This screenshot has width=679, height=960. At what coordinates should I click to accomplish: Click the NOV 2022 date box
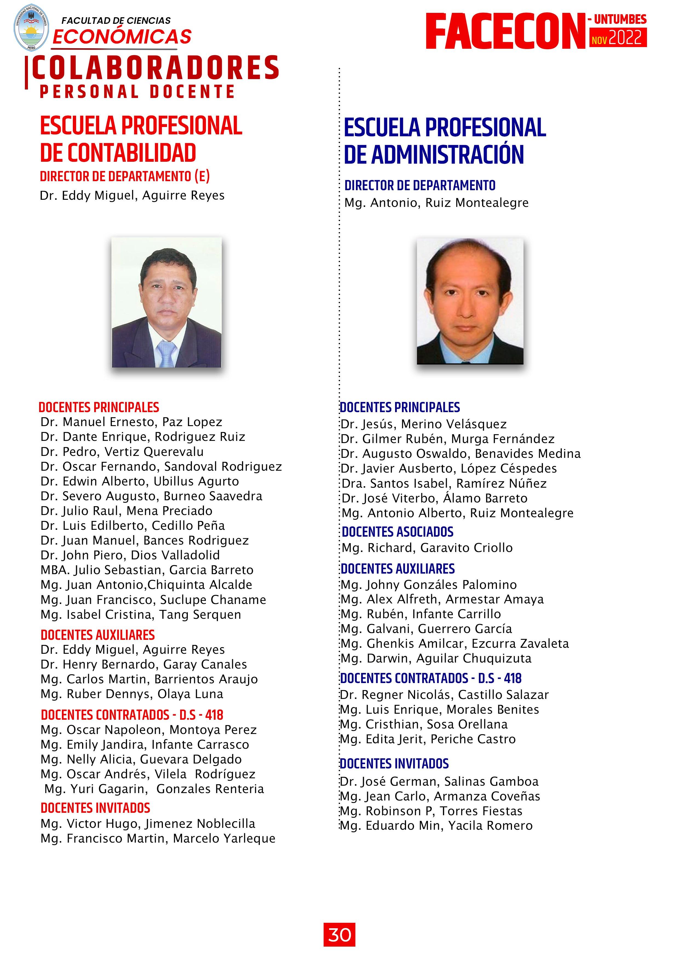coord(618,38)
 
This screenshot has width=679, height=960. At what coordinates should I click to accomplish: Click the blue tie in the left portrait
coord(166,353)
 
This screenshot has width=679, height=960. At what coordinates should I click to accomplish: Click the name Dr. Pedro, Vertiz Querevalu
coord(122,452)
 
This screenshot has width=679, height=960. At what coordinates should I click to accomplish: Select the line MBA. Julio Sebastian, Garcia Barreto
coord(147,570)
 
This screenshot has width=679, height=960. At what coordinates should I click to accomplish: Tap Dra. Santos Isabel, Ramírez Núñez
coord(444,483)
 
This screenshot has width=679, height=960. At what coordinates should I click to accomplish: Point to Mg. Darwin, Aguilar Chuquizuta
coord(436,658)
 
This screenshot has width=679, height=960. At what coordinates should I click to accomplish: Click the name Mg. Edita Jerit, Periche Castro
coord(428,739)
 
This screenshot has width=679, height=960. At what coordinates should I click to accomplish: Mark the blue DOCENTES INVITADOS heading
coord(394,764)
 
